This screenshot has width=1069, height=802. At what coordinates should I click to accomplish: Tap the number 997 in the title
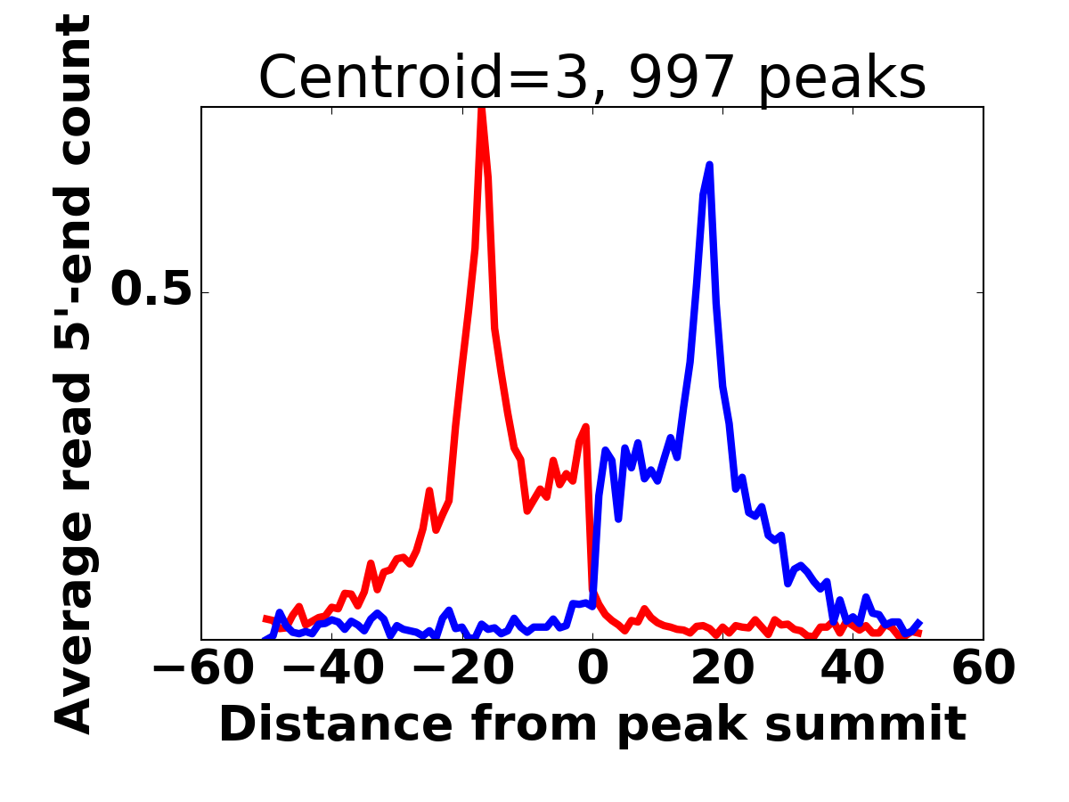[681, 77]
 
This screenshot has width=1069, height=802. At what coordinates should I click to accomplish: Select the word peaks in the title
[842, 80]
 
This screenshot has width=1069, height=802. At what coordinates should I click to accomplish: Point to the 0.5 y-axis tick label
[151, 290]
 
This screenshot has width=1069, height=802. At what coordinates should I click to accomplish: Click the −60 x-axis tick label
[203, 668]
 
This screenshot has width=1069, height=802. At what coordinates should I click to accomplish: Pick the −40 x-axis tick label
[333, 668]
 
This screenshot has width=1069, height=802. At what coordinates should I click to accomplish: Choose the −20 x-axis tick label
[463, 668]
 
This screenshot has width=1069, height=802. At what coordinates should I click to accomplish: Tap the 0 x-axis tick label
[592, 668]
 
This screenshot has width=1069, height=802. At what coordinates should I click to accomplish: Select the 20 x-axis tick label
[722, 668]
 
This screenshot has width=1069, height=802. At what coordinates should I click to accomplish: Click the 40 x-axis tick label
[853, 668]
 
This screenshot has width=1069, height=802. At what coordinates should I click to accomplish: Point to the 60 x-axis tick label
[983, 668]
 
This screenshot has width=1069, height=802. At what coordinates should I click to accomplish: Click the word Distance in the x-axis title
[336, 724]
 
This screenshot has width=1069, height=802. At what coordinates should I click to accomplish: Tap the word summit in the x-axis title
[865, 724]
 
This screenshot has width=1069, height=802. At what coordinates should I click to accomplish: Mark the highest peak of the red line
[481, 110]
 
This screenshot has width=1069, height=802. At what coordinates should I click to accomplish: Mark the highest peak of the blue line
[709, 166]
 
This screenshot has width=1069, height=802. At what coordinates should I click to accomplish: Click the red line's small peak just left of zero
[586, 427]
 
